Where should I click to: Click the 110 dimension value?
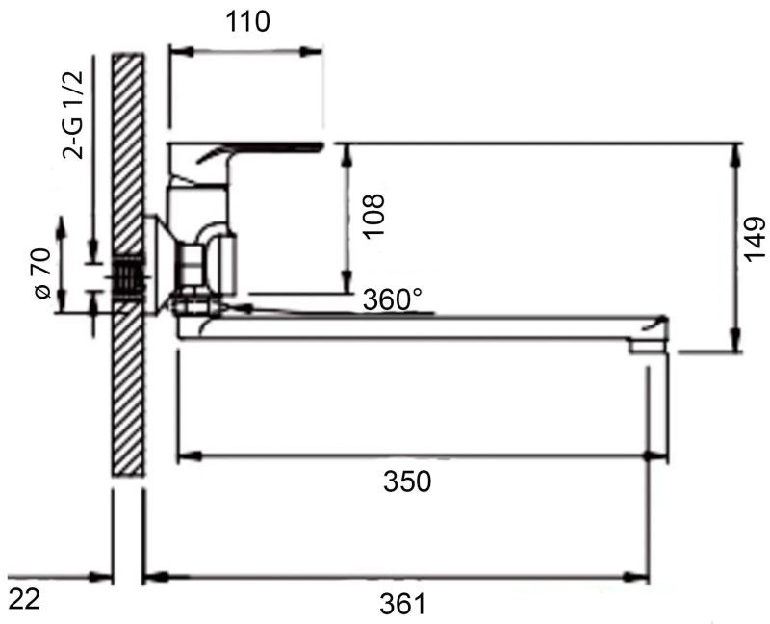click(247, 22)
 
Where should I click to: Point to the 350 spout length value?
click(407, 481)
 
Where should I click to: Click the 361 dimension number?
click(402, 604)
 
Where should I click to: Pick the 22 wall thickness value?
click(24, 599)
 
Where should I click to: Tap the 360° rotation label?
click(393, 299)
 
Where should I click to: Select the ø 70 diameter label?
click(42, 273)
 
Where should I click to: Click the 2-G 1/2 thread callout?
click(73, 115)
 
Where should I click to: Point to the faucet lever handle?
click(245, 151)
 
